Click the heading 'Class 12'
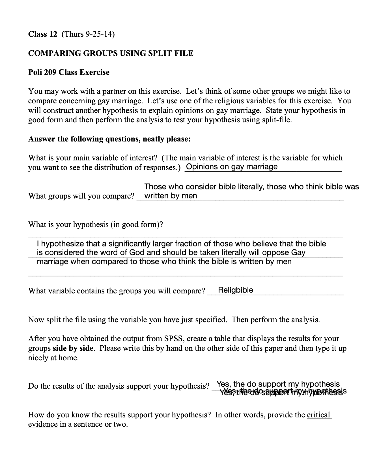pos(43,34)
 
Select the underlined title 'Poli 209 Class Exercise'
pos(69,72)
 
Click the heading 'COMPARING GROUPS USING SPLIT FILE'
pos(111,53)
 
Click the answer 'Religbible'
pos(236,290)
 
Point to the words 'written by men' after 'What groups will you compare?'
pos(171,196)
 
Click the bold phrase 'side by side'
pos(73,348)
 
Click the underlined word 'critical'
pos(318,415)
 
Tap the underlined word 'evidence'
pos(43,424)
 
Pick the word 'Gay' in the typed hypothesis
pos(298,252)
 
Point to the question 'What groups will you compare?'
pos(81,196)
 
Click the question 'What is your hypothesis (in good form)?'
pos(96,225)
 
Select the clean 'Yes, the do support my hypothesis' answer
pos(278,384)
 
